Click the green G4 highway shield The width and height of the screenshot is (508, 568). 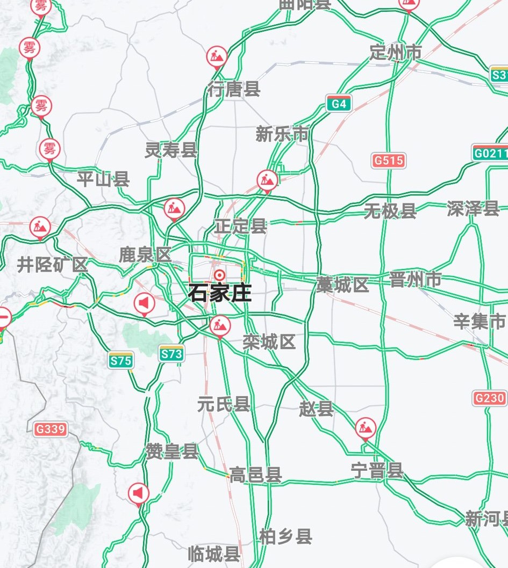[x=339, y=104]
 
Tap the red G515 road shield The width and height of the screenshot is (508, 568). [x=389, y=160]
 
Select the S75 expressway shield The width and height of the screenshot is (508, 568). [x=120, y=361]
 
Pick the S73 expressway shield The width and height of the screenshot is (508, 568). [x=171, y=354]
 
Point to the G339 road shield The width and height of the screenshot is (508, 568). [x=50, y=429]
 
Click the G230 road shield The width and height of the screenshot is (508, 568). [x=490, y=398]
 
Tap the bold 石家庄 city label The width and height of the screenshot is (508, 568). [x=219, y=293]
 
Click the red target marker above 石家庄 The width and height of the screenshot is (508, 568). [x=219, y=275]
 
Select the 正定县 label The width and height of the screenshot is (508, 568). [x=240, y=226]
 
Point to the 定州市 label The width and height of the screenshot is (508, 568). [x=396, y=52]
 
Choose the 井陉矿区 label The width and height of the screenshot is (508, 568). [x=52, y=265]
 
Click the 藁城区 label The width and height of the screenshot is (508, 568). [x=342, y=285]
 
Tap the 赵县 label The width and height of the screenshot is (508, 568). [x=316, y=409]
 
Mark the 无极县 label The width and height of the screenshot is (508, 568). [x=390, y=211]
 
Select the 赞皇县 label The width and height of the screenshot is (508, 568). [x=172, y=452]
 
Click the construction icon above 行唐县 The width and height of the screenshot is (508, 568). [x=217, y=56]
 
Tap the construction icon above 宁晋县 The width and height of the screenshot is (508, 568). [x=366, y=428]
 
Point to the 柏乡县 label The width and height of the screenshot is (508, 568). [x=285, y=536]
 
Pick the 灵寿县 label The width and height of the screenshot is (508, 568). [x=171, y=150]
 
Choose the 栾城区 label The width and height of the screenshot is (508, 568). [x=269, y=342]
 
